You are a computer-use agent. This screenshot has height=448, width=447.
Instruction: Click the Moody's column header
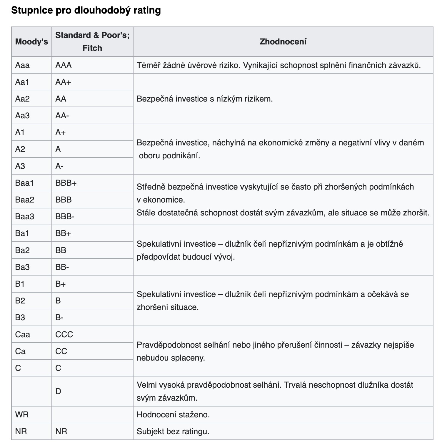[31, 42]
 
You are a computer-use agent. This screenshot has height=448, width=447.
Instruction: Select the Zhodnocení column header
[283, 42]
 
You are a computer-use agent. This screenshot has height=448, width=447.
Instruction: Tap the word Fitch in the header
[92, 48]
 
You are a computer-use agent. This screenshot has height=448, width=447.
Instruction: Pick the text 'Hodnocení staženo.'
[173, 415]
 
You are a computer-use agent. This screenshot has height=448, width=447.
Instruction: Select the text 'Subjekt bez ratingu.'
[173, 432]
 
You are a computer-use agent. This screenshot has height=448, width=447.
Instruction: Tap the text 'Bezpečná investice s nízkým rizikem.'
[205, 99]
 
